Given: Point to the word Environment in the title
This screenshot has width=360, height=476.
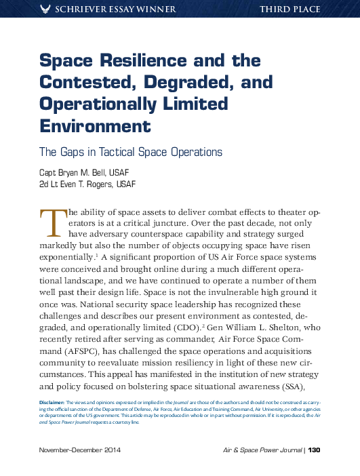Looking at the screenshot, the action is click(94, 126).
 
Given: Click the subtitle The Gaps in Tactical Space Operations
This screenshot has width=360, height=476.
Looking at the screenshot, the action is click(131, 152).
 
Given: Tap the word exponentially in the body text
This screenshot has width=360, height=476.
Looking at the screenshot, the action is click(67, 258).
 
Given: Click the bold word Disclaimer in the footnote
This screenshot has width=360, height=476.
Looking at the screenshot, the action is click(54, 403).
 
